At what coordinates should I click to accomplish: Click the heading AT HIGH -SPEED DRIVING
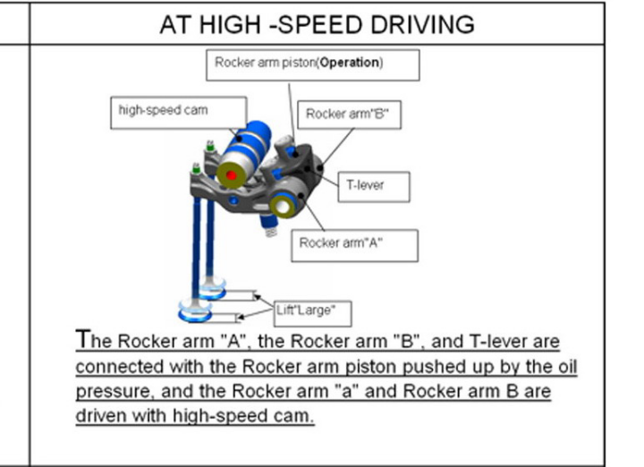pyautogui.click(x=317, y=24)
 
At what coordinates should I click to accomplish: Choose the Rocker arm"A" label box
pyautogui.click(x=354, y=242)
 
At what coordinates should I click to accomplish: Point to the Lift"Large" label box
pyautogui.click(x=309, y=313)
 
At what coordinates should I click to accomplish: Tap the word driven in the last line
pyautogui.click(x=100, y=416)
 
